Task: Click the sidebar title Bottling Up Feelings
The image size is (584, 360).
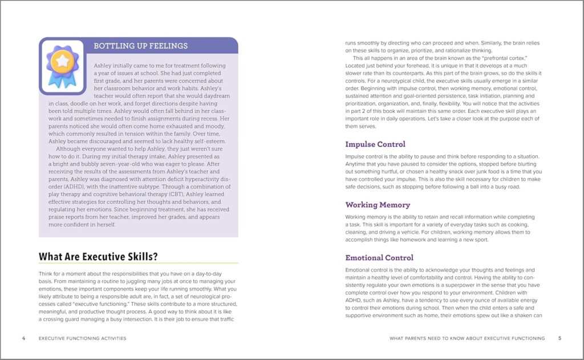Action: click(140, 46)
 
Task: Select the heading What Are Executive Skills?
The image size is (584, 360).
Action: click(98, 257)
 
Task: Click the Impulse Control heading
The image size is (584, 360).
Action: click(375, 144)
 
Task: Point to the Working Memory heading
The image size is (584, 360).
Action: click(378, 204)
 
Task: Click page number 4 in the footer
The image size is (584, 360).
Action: click(23, 338)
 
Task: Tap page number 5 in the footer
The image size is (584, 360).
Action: click(559, 338)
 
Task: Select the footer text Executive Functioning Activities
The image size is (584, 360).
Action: click(82, 338)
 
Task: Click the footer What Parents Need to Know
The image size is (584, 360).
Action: click(467, 338)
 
